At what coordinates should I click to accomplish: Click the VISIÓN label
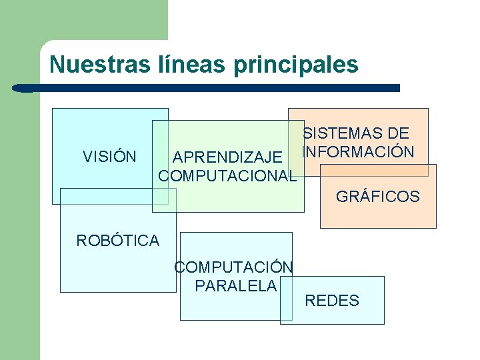[x=109, y=157]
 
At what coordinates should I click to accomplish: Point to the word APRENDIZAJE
[x=227, y=158]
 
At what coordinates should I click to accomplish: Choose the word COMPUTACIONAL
[x=227, y=177]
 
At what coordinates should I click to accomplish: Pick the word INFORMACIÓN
[x=358, y=152]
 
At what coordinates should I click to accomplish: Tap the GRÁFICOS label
[x=378, y=197]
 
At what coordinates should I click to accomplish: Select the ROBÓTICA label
[x=118, y=241]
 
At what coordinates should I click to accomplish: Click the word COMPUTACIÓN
[x=233, y=267]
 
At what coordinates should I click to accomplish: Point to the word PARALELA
[x=235, y=286]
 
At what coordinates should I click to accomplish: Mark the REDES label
[x=332, y=301]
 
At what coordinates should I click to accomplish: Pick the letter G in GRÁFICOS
[x=341, y=197]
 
